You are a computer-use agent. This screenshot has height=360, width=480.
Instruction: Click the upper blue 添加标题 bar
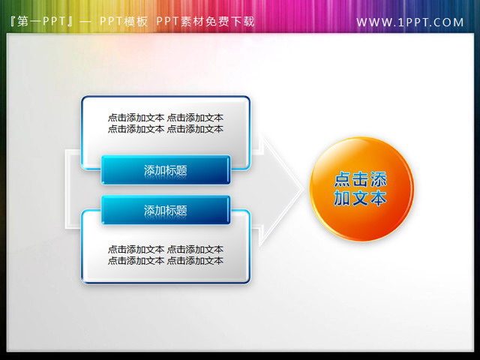[x=165, y=170]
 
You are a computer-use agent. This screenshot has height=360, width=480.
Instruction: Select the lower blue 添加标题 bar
[x=165, y=211]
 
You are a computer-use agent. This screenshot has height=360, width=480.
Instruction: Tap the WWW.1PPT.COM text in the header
[x=410, y=22]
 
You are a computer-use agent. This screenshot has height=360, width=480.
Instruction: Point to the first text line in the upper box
[x=165, y=118]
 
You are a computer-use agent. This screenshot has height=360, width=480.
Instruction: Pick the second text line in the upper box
[x=165, y=129]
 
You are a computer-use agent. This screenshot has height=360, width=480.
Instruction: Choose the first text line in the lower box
[x=165, y=249]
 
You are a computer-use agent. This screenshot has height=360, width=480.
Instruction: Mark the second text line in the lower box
[x=165, y=260]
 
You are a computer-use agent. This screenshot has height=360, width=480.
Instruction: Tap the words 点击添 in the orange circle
[x=361, y=179]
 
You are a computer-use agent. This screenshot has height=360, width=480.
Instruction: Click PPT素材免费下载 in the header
[x=205, y=22]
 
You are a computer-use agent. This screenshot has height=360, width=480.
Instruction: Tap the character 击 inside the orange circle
[x=361, y=179]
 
